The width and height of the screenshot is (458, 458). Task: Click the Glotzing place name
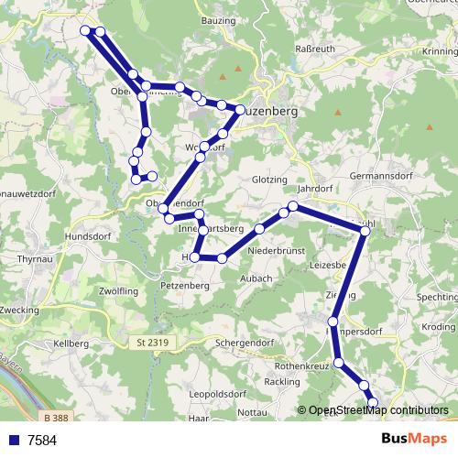pyautogui.click(x=267, y=180)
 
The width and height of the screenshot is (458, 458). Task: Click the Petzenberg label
pyautogui.click(x=186, y=286)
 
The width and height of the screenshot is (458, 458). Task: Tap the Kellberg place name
pyautogui.click(x=71, y=343)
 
